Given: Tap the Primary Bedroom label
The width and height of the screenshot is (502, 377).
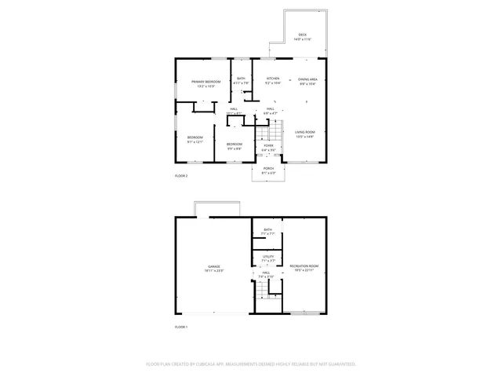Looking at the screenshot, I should (x=206, y=82).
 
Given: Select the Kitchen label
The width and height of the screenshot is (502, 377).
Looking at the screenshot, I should (x=273, y=79).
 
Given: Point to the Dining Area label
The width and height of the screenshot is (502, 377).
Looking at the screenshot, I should (x=307, y=79).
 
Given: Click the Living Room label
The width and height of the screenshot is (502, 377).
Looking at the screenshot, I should (x=304, y=132).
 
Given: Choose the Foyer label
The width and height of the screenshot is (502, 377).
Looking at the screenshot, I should (x=268, y=145).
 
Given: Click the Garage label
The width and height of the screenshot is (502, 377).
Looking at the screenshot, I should (x=213, y=268).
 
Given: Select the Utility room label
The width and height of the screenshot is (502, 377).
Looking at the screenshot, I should (x=267, y=256).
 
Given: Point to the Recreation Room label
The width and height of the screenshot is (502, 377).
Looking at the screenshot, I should (x=304, y=268).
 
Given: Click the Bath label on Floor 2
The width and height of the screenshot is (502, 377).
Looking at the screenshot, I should (x=242, y=79).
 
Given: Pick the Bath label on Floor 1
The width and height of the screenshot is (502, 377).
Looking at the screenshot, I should (x=267, y=230).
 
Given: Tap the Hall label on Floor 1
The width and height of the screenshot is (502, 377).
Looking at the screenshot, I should (x=267, y=273).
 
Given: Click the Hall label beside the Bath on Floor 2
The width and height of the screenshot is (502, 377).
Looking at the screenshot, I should (x=234, y=109).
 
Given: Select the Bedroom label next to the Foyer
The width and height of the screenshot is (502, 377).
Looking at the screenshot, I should (x=235, y=145).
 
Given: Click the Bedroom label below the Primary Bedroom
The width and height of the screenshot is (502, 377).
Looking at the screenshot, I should (x=195, y=138).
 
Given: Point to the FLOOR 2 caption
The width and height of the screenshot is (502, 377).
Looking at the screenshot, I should (x=181, y=176).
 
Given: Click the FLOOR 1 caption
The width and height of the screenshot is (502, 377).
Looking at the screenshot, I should (x=181, y=326).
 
